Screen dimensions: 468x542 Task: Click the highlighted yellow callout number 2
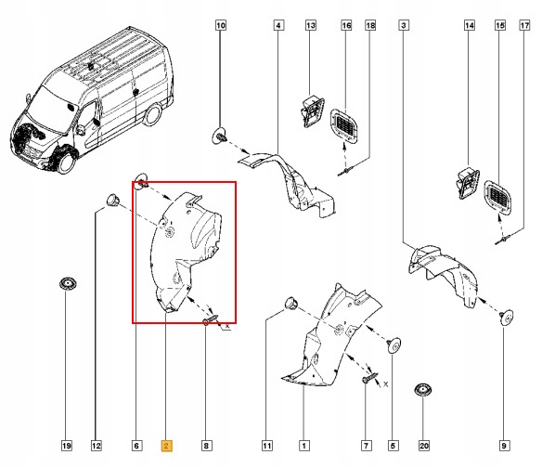[166, 446]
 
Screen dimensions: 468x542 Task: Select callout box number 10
[220, 27]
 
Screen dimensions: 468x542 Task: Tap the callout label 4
[278, 27]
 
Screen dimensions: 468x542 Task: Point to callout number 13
[310, 27]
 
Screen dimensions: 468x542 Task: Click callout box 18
[371, 27]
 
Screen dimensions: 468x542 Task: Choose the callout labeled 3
[404, 27]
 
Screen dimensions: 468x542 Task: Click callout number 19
[67, 446]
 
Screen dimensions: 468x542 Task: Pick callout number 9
[504, 446]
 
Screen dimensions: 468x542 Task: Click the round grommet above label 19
[67, 283]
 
